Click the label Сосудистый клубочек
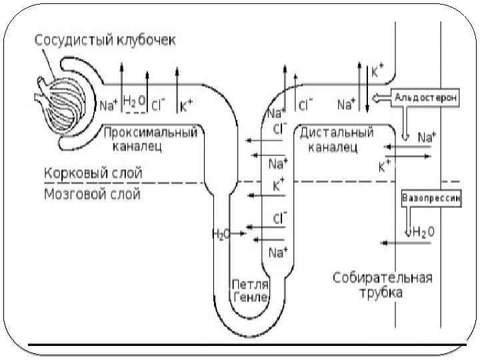click(x=105, y=41)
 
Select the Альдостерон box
click(x=425, y=97)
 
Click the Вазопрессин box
click(x=431, y=198)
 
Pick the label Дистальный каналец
click(x=336, y=139)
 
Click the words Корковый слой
click(x=93, y=173)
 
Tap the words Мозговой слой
click(x=91, y=195)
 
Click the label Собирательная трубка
click(x=383, y=285)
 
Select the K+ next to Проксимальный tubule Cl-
click(x=187, y=104)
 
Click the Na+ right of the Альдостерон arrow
click(x=427, y=137)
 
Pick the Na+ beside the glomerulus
click(x=108, y=104)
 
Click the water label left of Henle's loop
click(x=220, y=233)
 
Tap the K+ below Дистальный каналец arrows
click(x=385, y=165)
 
